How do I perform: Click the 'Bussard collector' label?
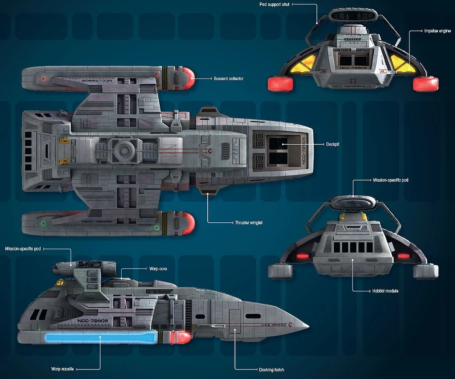[228, 79]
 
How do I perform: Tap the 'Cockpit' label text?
[333, 144]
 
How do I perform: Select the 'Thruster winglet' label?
[248, 222]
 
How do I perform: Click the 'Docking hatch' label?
[271, 369]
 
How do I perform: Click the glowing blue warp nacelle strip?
[99, 338]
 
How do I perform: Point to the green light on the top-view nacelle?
[43, 224]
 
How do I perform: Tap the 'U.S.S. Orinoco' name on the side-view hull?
[274, 324]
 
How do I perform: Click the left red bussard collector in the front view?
[280, 84]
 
